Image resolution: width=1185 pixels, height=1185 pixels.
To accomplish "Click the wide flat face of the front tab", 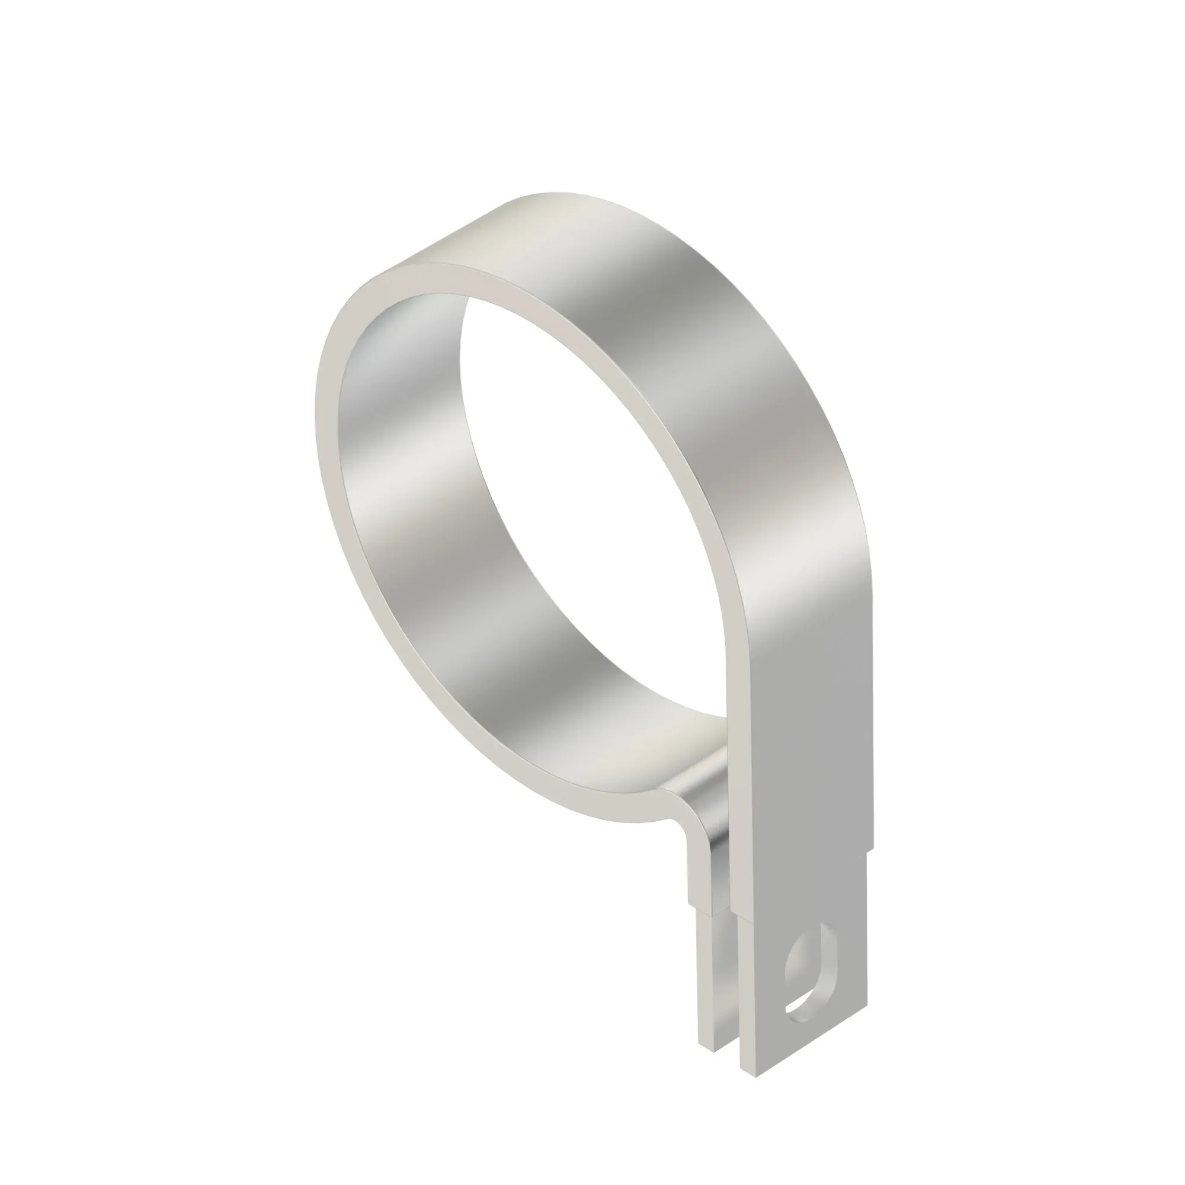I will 803,767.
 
